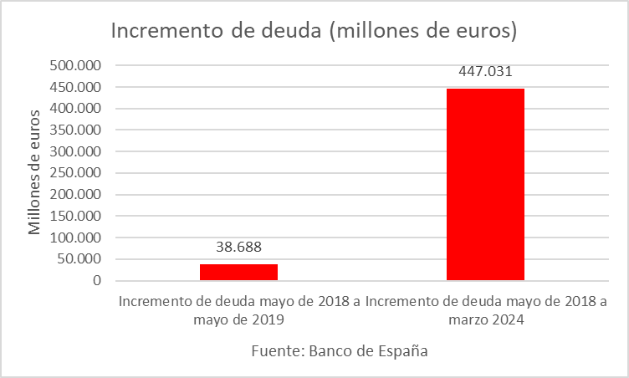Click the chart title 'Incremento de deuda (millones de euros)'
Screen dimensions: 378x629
click(x=314, y=31)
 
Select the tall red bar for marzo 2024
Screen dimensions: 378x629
click(x=485, y=184)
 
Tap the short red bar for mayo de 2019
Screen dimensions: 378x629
click(x=238, y=272)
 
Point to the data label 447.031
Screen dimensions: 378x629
click(x=485, y=71)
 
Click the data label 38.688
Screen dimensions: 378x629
click(x=238, y=248)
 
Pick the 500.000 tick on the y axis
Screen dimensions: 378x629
click(x=75, y=65)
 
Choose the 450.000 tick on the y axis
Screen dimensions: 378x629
click(x=75, y=87)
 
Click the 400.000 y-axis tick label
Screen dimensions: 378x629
click(x=75, y=108)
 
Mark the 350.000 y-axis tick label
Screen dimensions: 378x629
click(x=75, y=130)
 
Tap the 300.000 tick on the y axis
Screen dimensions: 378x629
click(x=75, y=151)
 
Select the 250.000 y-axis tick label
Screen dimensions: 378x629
click(x=75, y=173)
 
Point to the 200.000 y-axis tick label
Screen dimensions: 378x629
click(x=75, y=194)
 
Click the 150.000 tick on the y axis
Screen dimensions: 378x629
click(x=75, y=216)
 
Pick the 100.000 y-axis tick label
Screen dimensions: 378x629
click(x=75, y=238)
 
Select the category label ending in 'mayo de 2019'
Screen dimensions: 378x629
click(x=239, y=310)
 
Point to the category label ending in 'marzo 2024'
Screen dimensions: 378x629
click(x=486, y=310)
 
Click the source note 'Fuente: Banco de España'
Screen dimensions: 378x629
click(x=340, y=351)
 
